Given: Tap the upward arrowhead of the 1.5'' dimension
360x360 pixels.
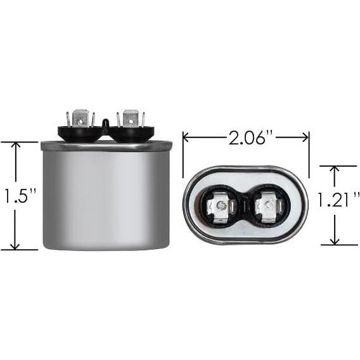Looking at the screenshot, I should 17,146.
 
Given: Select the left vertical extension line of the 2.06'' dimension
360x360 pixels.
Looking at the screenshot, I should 183,152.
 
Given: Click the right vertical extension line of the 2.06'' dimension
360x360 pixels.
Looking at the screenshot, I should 309,152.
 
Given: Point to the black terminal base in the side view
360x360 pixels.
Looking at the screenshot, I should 104,134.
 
